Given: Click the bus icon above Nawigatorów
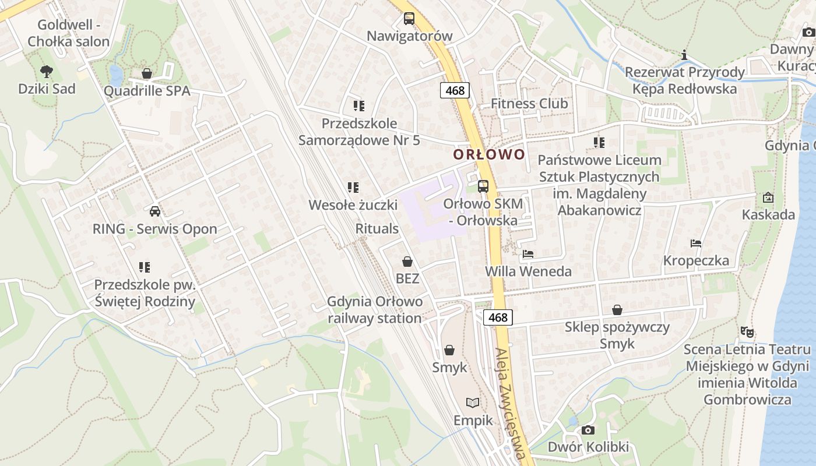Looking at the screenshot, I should [409, 18].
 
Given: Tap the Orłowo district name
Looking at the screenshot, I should [490, 154].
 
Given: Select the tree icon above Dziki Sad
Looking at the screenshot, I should [47, 72].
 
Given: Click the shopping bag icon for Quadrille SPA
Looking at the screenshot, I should [147, 74].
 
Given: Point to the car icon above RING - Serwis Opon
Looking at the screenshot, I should [154, 211].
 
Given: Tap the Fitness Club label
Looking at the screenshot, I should [529, 104].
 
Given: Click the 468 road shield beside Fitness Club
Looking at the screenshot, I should [455, 90].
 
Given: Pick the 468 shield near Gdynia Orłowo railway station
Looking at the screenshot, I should [498, 317].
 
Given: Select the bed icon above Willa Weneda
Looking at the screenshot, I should [528, 254].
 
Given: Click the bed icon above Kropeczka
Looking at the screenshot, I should [696, 243].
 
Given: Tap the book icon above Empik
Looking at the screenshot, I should [473, 403].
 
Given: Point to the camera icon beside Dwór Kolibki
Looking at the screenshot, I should [588, 430].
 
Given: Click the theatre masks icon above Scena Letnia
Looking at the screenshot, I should [747, 332].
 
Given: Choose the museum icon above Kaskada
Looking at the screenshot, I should [768, 197].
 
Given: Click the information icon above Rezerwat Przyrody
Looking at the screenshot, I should [685, 55].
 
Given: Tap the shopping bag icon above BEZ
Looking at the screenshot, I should [407, 262].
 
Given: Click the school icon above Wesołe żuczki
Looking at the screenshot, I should [353, 188].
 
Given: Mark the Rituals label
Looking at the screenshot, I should [377, 229].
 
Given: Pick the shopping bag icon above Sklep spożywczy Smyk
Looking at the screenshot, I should [617, 310].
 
